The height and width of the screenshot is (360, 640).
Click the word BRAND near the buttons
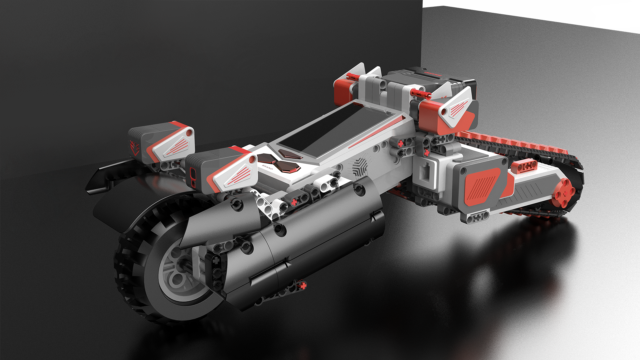point(267,167)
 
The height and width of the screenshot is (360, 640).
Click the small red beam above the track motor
point(524,166)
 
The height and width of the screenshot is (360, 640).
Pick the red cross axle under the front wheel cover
point(303,285)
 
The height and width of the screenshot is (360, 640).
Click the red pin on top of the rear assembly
point(420,94)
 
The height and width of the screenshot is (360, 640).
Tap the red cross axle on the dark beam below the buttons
point(294,202)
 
